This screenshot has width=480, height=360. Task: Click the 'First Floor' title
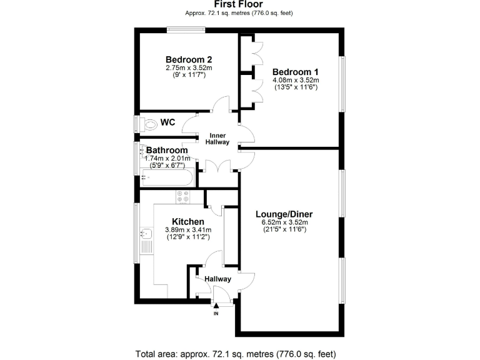pos(239,4)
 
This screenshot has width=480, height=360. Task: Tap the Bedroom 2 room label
pos(188,60)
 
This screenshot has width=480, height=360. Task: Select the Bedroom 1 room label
pos(296,72)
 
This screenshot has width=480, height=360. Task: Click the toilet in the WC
pos(149,124)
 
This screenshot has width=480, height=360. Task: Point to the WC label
pos(167,122)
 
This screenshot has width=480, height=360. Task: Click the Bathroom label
pos(167,151)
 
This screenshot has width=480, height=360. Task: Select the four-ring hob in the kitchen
pos(183,197)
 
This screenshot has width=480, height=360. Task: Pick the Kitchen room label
pos(188,222)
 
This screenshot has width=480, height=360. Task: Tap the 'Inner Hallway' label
pos(217,139)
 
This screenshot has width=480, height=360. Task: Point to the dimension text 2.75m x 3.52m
pos(188,68)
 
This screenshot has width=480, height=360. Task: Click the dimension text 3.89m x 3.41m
pos(188,230)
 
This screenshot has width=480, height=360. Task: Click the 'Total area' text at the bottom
pos(240,354)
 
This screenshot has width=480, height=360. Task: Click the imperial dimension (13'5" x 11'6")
pos(296,87)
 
